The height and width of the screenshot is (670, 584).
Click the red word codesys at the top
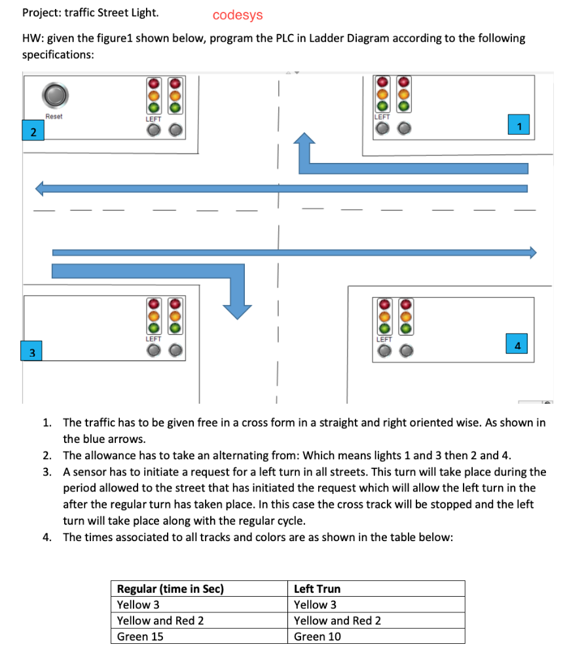click(237, 15)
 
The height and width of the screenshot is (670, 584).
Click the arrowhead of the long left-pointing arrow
click(41, 188)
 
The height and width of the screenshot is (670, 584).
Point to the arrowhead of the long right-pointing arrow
click(532, 253)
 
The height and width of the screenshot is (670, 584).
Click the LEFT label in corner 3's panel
click(153, 339)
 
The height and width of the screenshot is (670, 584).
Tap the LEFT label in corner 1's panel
click(382, 116)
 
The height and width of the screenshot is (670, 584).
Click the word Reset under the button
click(54, 116)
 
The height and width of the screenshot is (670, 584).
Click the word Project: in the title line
click(40, 12)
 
